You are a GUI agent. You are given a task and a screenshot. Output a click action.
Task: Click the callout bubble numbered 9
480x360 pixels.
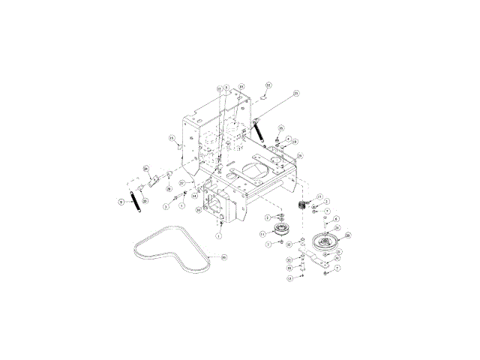(120, 201)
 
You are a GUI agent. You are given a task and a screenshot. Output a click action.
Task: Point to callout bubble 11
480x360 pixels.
(263, 234)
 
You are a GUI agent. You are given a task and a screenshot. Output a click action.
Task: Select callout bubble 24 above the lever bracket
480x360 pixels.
(146, 168)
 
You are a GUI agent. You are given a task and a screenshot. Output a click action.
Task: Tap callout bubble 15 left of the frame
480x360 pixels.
(171, 138)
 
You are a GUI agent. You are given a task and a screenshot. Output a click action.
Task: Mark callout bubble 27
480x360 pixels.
(181, 182)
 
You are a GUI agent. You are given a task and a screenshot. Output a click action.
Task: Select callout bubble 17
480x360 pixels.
(319, 197)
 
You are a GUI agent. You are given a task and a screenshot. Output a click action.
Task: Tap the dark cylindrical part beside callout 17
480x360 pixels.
(304, 205)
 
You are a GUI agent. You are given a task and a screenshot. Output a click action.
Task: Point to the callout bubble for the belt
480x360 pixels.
(223, 257)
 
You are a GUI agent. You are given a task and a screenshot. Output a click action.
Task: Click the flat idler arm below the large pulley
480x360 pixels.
(320, 262)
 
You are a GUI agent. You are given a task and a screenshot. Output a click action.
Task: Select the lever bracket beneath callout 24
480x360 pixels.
(154, 181)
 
